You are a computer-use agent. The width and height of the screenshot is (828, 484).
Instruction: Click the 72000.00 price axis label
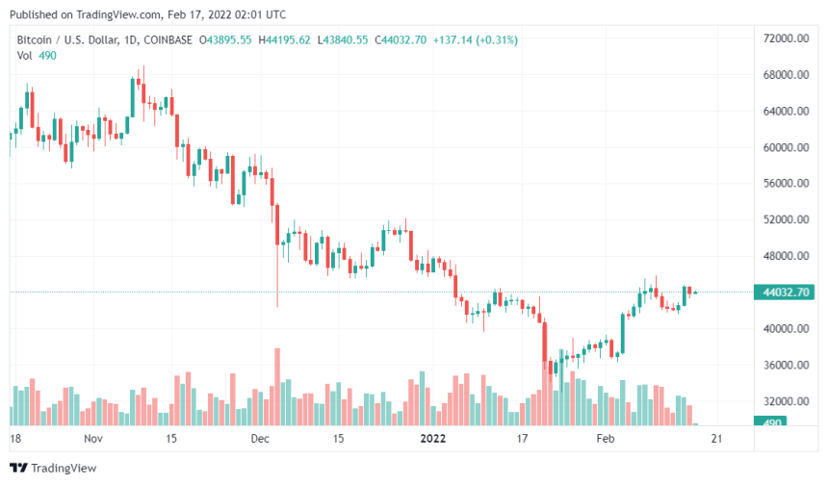pos(785,38)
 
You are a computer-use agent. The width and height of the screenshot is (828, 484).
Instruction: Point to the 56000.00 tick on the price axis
pos(785,184)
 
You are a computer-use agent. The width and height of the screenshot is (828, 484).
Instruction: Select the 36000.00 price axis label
pos(785,366)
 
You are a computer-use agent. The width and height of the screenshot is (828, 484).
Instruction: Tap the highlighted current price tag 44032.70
pos(785,293)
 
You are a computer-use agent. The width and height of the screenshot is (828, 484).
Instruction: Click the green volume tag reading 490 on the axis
pos(773,421)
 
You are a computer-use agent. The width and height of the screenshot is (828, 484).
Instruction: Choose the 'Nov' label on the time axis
pos(92,438)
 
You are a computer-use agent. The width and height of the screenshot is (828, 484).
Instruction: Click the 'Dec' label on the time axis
pos(260,438)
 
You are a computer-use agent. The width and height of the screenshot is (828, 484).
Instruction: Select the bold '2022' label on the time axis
pos(427,438)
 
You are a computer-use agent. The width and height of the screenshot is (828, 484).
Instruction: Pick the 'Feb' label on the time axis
pos(605,438)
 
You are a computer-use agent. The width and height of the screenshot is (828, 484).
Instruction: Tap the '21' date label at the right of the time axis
pos(716,438)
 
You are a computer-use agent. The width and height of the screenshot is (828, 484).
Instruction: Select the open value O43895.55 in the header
pos(225,39)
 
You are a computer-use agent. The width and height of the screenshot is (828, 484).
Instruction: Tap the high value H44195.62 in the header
pos(288,39)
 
